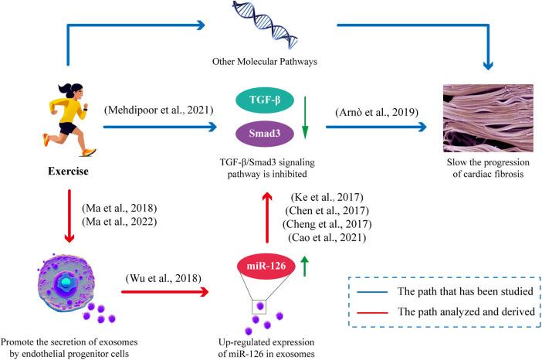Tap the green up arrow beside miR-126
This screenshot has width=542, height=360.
304,270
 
